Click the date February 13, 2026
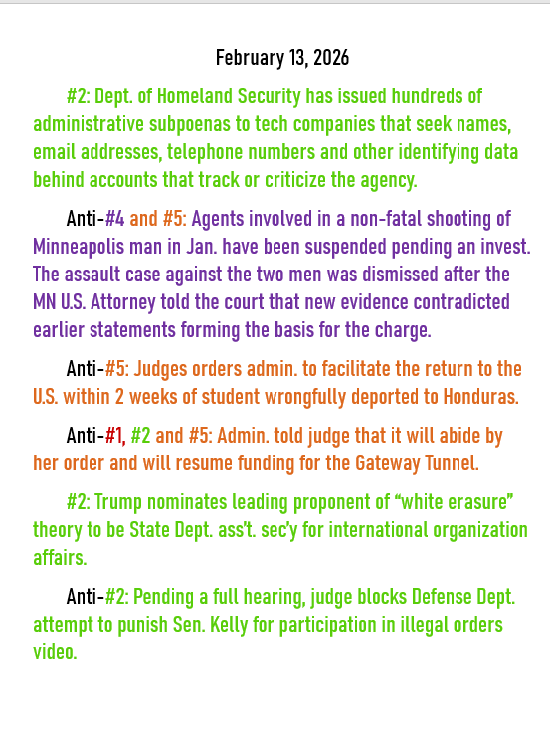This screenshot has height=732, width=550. (x=281, y=58)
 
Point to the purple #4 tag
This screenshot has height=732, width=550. (x=115, y=218)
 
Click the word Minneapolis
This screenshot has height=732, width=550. (x=80, y=246)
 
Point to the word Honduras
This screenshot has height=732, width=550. (x=473, y=396)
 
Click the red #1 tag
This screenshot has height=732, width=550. (x=115, y=435)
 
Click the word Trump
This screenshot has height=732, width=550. (x=119, y=501)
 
